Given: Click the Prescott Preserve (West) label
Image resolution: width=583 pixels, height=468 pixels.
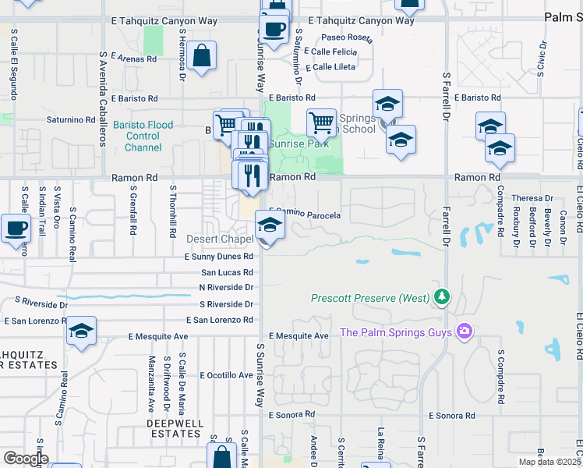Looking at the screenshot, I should point(369,298).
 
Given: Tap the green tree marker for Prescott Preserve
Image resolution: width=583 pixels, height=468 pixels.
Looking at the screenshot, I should point(442,296).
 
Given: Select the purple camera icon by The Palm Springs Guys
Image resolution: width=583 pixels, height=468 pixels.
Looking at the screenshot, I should point(465,332).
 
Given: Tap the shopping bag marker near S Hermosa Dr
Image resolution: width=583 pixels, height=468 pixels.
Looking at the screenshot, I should point(201,56).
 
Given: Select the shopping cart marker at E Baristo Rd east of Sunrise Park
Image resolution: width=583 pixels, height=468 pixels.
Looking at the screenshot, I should point(321,122).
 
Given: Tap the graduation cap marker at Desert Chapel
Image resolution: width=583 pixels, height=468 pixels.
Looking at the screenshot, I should point(270,226).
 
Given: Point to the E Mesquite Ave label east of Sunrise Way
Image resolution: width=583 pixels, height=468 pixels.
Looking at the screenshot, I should point(299,336).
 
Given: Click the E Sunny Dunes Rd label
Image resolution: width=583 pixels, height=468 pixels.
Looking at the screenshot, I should point(219,256).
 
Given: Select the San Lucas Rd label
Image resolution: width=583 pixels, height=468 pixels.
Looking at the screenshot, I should point(227,273).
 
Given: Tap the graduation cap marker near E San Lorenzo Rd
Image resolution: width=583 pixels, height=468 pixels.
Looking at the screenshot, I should point(81,331).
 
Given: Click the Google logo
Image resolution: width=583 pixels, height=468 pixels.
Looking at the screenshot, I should point(25,459).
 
